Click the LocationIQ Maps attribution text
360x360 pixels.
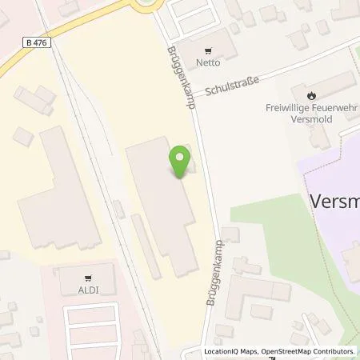pyautogui.click(x=233, y=352)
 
